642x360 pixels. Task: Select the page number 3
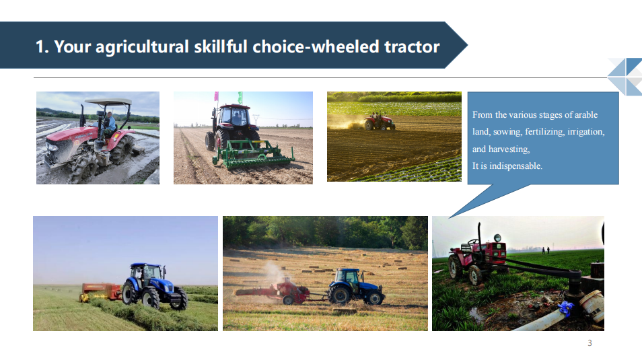pyautogui.click(x=590, y=343)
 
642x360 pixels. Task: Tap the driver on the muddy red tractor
pyautogui.click(x=108, y=122)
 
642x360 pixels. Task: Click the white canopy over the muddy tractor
pyautogui.click(x=108, y=101)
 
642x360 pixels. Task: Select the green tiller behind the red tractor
pyautogui.click(x=253, y=155)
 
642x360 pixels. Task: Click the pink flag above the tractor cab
pyautogui.click(x=216, y=96)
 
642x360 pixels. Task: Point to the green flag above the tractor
pyautogui.click(x=240, y=98)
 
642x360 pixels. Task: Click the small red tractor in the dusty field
pyautogui.click(x=379, y=121)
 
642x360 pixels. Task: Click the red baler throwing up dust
pyautogui.click(x=283, y=291)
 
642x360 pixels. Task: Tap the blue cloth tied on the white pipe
pyautogui.click(x=565, y=308)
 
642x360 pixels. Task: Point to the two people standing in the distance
pyautogui.click(x=546, y=250)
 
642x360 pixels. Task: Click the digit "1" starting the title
pyautogui.click(x=40, y=46)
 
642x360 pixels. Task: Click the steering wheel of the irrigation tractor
pyautogui.click(x=474, y=242)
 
